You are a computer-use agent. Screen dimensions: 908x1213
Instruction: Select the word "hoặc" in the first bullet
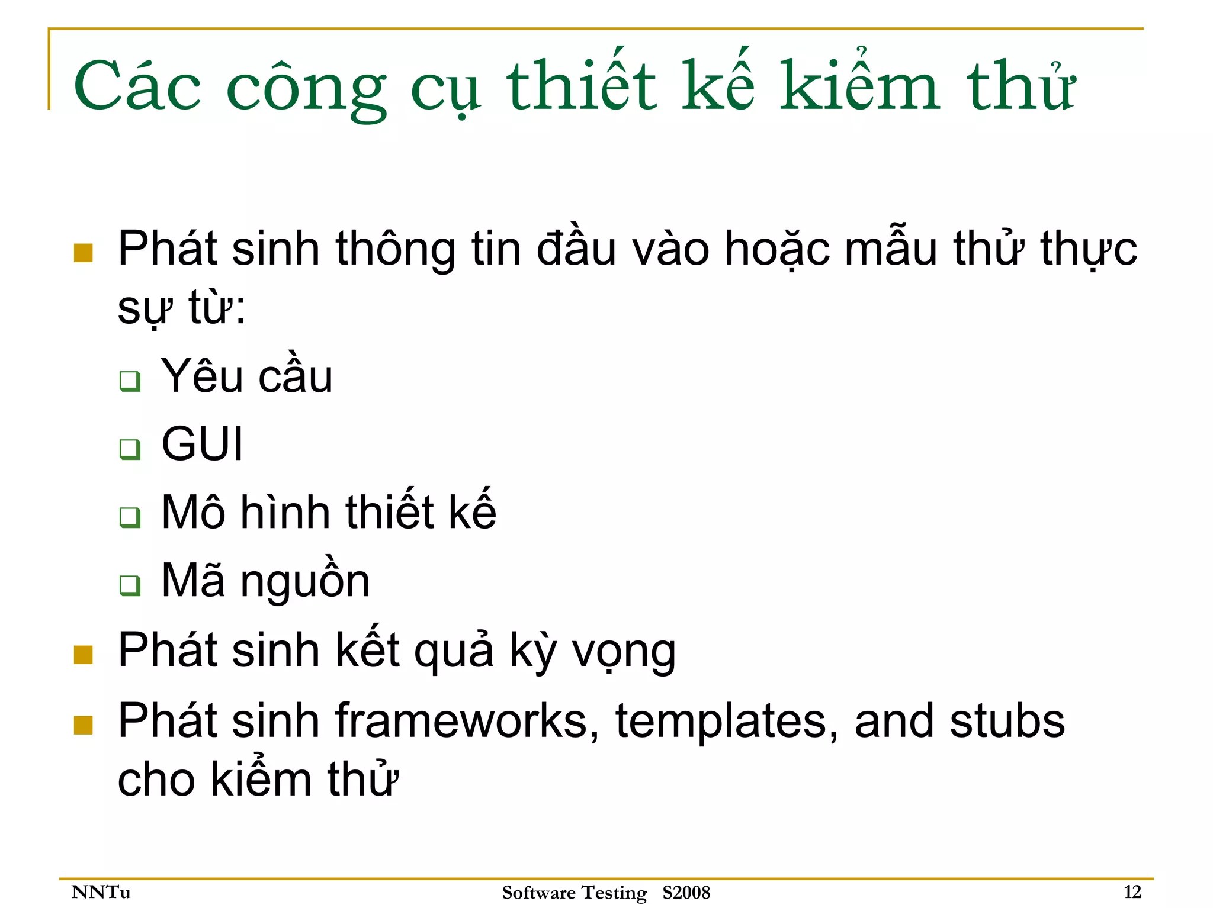pos(777,249)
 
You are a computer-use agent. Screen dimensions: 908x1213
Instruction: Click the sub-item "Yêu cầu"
pos(246,376)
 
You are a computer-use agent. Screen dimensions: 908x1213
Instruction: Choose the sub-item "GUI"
pos(202,444)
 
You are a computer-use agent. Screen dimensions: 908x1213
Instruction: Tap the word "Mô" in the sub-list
pos(193,512)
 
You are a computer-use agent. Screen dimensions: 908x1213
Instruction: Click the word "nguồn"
pos(305,582)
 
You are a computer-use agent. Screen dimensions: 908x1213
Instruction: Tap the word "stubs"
pos(1007,721)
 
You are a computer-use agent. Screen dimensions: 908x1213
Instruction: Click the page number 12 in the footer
pos(1132,891)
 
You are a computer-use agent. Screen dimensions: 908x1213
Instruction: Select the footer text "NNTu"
pos(101,892)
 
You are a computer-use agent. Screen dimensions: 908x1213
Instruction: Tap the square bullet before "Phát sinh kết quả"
pos(84,655)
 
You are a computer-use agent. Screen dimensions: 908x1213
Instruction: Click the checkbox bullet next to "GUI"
pos(130,449)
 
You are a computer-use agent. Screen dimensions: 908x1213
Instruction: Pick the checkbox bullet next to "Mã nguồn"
pos(130,585)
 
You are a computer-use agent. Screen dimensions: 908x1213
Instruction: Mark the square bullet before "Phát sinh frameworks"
pos(84,725)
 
